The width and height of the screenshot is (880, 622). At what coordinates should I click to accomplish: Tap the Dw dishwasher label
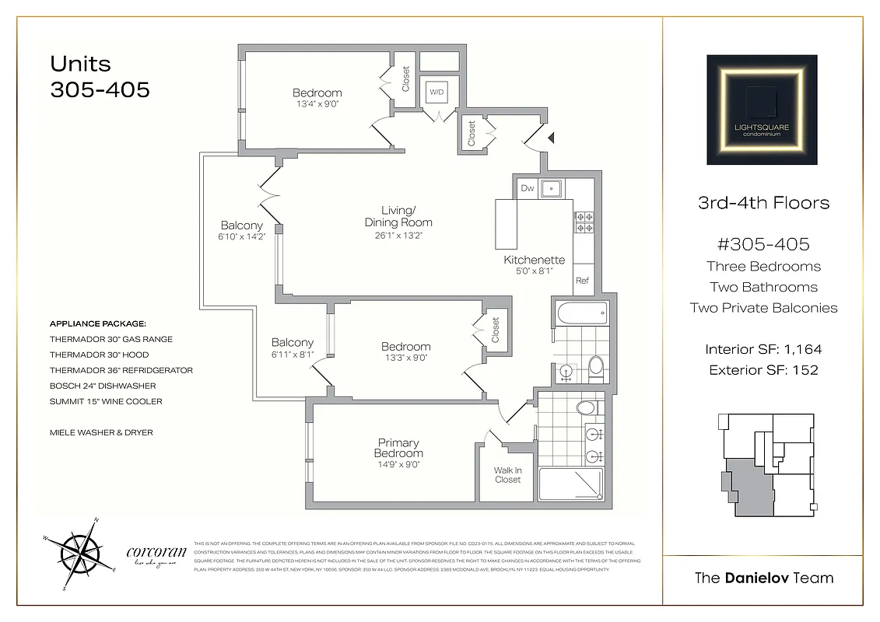527,187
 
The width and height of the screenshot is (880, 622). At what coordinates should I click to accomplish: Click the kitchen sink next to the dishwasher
552,187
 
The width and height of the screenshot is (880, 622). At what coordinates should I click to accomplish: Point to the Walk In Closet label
507,475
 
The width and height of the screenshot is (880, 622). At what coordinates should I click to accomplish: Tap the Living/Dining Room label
398,216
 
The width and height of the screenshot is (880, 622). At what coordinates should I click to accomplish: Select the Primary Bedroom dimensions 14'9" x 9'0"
398,465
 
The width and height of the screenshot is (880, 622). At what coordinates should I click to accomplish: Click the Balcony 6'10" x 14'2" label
241,231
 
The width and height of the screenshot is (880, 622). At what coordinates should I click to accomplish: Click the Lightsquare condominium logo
762,110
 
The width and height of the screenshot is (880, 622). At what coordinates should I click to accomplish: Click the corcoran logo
156,554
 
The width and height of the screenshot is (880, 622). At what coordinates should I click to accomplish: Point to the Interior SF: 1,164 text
763,349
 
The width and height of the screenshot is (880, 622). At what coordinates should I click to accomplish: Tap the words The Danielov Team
763,578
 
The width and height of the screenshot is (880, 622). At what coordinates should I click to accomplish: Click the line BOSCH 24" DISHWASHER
103,386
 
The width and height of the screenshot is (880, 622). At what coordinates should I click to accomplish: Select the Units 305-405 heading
100,76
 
